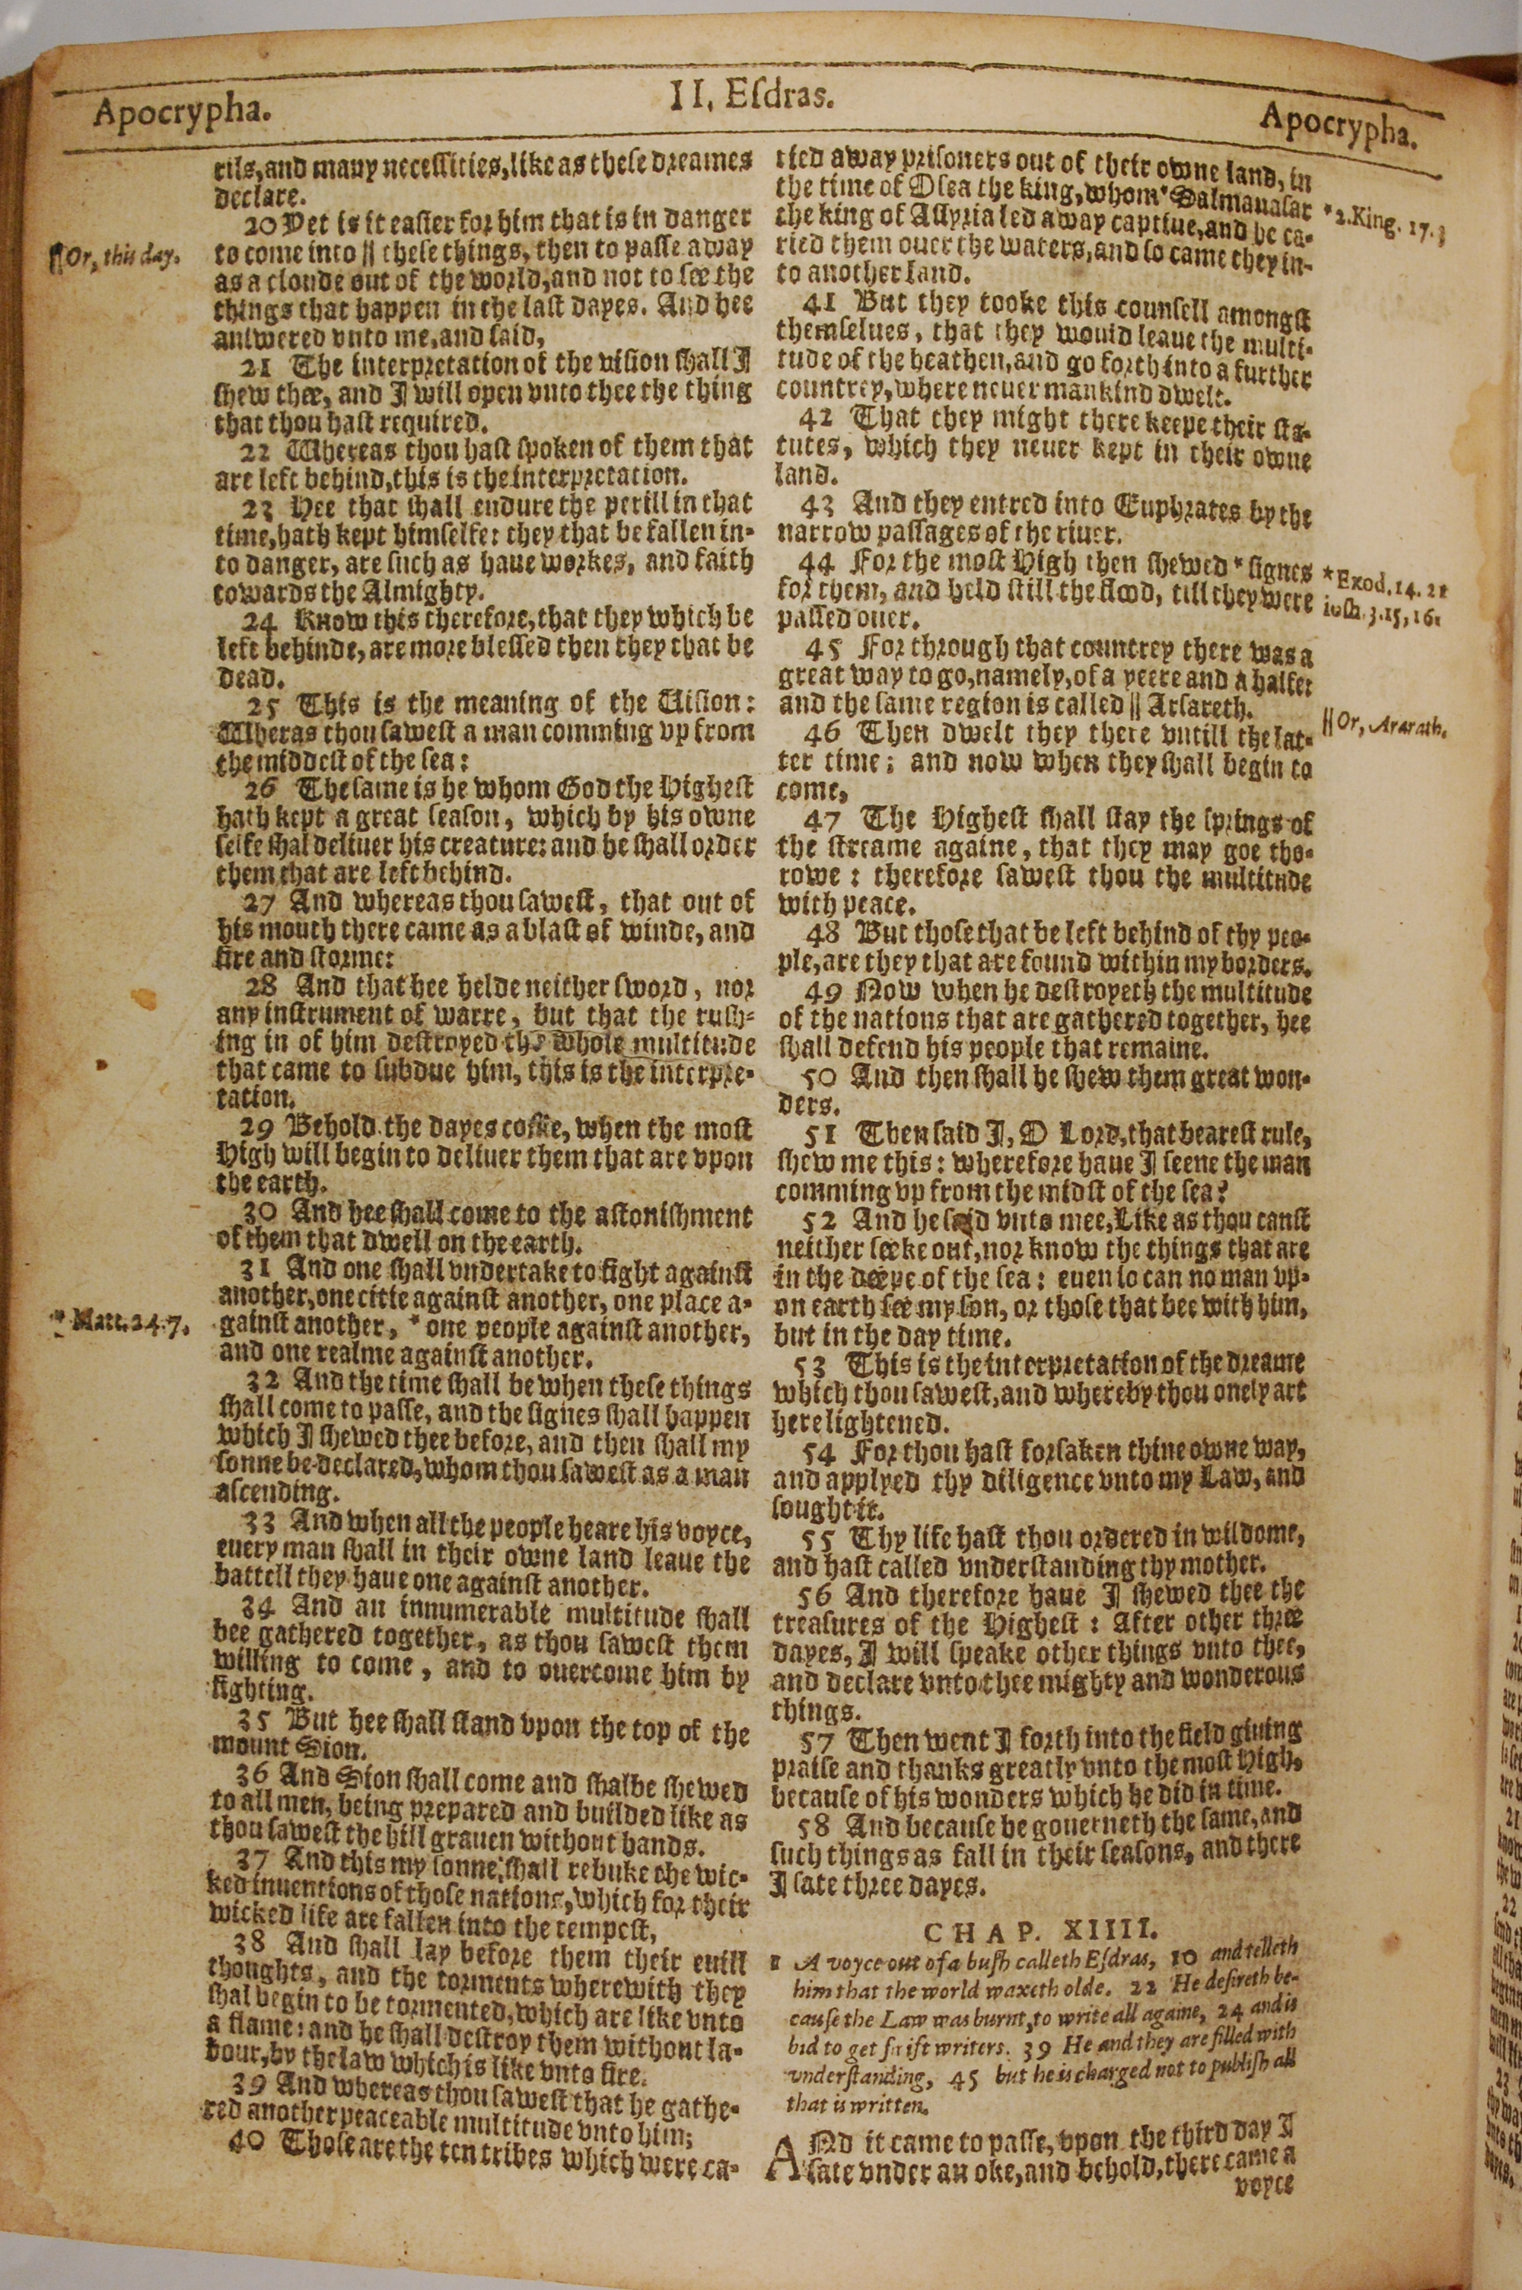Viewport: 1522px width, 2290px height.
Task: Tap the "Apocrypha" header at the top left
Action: pos(179,114)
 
